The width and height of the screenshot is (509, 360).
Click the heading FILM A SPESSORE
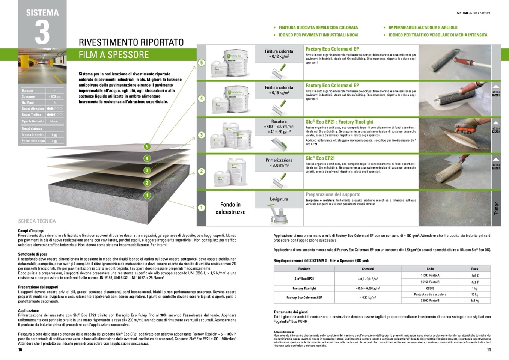point(113,55)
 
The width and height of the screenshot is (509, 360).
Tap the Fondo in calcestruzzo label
point(230,208)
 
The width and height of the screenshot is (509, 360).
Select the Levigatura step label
point(279,199)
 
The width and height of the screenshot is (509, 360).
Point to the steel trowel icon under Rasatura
point(279,143)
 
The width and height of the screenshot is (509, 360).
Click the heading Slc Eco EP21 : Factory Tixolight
point(339,122)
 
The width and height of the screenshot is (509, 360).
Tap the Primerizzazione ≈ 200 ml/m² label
point(279,163)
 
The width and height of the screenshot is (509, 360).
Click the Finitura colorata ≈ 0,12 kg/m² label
point(279,54)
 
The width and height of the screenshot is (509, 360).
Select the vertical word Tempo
point(496,208)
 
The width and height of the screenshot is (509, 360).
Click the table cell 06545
point(430,288)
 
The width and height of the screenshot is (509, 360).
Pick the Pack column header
point(474,269)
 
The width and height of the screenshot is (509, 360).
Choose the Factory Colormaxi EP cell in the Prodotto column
point(304,297)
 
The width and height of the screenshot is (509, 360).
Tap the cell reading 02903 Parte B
point(430,300)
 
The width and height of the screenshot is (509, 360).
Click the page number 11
point(489,350)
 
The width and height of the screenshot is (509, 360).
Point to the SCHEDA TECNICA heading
point(37,221)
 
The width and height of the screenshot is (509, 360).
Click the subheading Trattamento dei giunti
point(291,312)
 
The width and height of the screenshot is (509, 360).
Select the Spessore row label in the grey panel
point(29,96)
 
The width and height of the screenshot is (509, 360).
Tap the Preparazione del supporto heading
point(333,194)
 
